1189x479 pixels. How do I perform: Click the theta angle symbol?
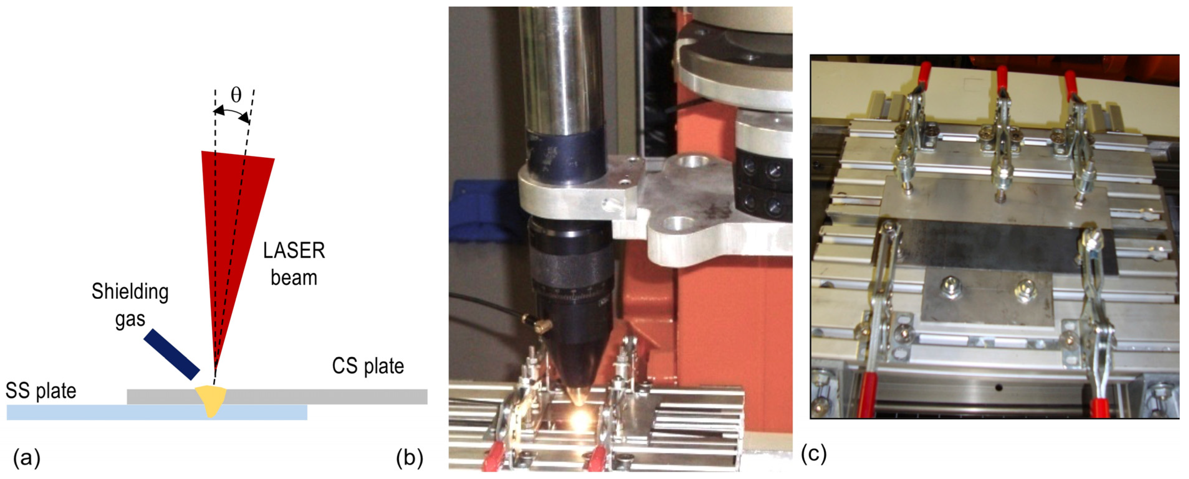(x=236, y=95)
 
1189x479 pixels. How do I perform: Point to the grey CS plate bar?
(x=323, y=396)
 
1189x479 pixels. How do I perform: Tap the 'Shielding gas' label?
(x=130, y=305)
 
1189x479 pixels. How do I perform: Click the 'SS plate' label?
(x=41, y=391)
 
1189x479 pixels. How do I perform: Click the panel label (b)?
(x=409, y=458)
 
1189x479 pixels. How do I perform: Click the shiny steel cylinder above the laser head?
(x=561, y=69)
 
